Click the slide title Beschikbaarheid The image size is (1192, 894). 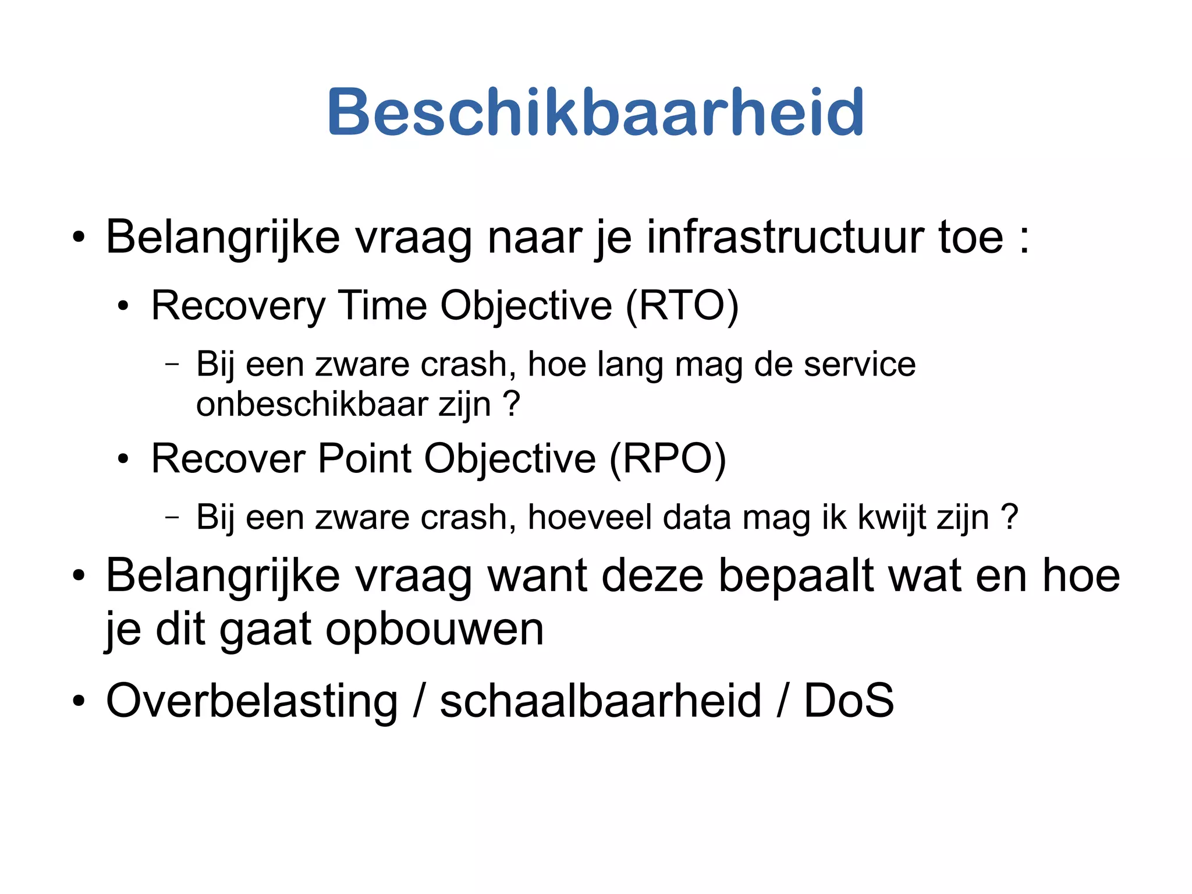[595, 112]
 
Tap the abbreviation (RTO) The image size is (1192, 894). [682, 306]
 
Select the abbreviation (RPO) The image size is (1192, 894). [668, 459]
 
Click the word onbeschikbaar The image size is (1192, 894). [312, 405]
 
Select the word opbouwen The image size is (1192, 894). [434, 629]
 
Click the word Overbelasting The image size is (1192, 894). [251, 701]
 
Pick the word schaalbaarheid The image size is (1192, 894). [600, 701]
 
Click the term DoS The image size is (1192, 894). [848, 701]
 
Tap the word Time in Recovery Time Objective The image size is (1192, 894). [382, 306]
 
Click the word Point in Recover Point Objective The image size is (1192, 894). [365, 459]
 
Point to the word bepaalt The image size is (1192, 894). [796, 576]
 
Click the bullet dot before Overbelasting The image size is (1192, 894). [79, 701]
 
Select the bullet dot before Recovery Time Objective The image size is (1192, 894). [122, 307]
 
